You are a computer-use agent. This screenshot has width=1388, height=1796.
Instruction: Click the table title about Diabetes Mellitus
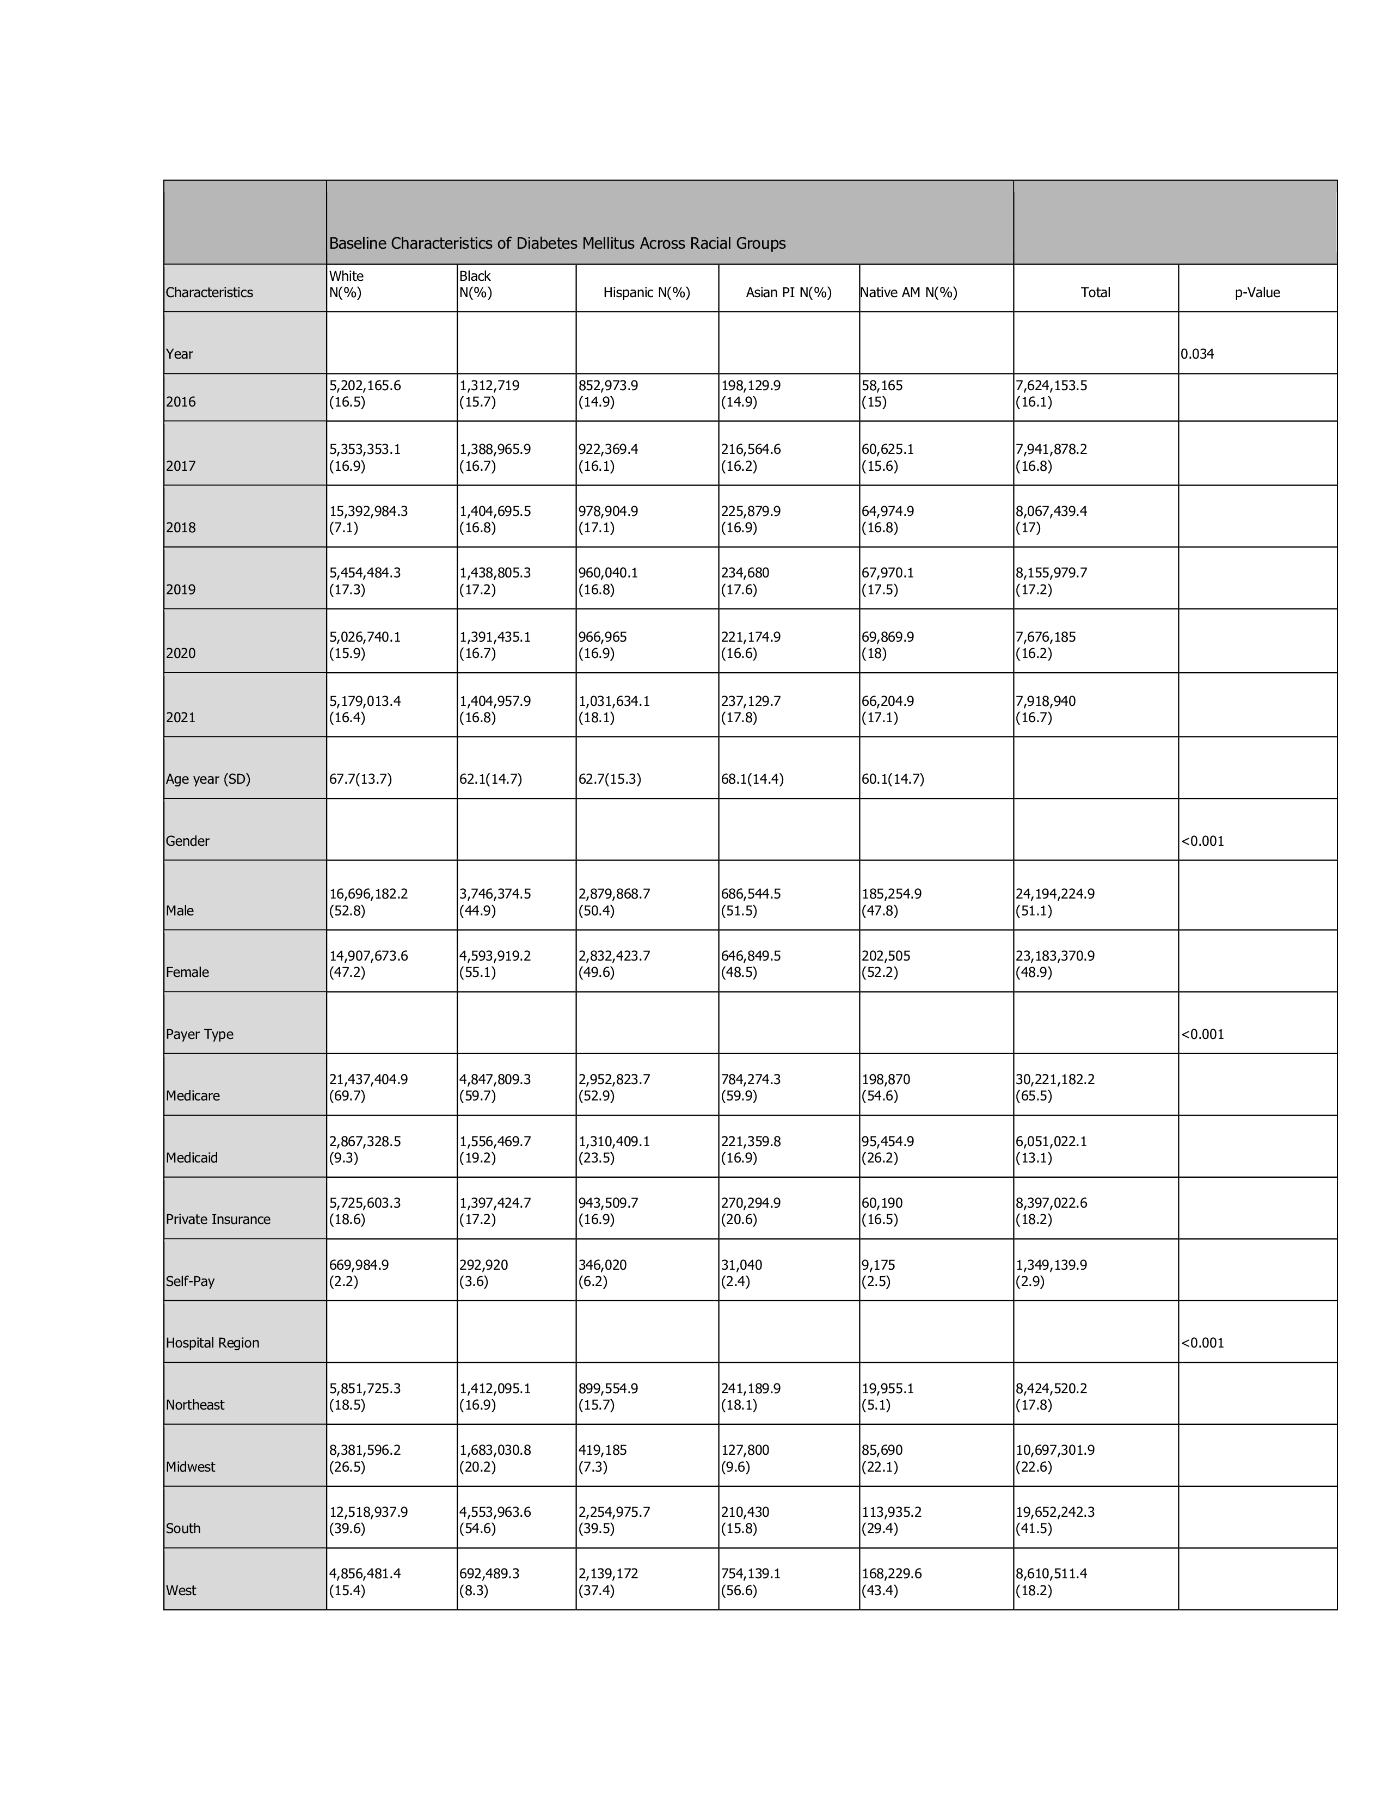557,243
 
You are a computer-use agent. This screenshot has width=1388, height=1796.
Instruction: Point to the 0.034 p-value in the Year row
1197,354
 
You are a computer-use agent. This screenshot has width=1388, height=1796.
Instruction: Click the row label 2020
181,653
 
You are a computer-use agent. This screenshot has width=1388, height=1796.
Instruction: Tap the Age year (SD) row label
208,779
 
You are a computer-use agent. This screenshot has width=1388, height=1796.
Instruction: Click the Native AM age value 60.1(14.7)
893,779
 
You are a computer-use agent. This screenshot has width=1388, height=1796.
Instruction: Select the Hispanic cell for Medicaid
613,1149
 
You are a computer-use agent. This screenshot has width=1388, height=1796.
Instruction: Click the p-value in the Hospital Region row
1202,1343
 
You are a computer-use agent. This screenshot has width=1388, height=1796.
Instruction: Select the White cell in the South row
369,1520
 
